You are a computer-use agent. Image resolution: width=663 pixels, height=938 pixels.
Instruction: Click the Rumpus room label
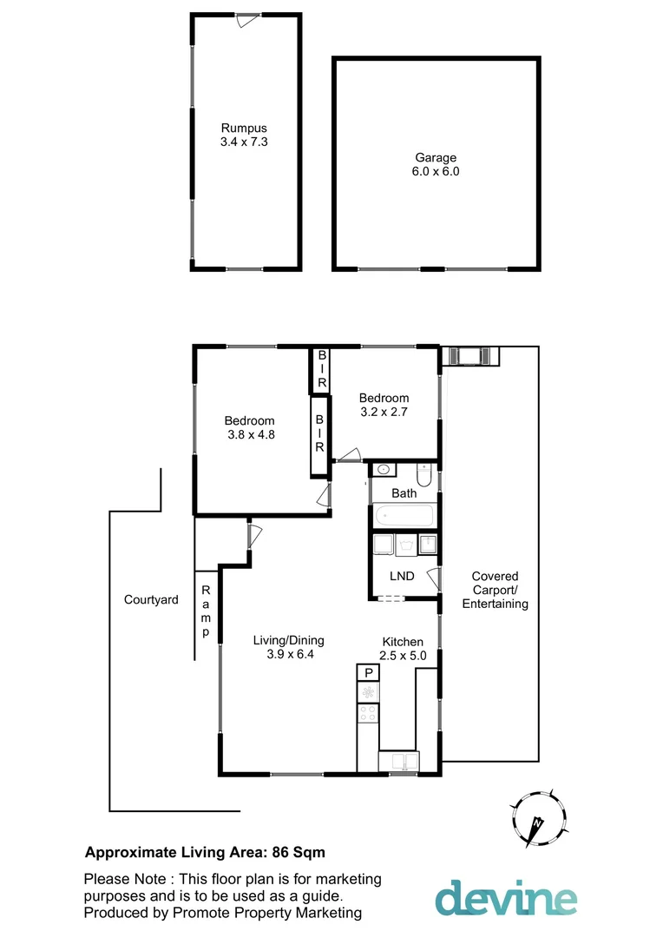(x=243, y=128)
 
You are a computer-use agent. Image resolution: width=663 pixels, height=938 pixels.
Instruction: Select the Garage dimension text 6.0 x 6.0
(x=435, y=171)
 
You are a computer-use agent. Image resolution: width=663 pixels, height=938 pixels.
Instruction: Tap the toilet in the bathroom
(x=423, y=475)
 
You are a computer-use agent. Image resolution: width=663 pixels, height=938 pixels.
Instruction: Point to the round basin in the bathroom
(x=383, y=470)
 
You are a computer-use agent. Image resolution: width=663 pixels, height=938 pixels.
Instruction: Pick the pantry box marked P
(x=368, y=672)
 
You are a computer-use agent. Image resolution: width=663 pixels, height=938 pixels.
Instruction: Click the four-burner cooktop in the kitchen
(x=368, y=713)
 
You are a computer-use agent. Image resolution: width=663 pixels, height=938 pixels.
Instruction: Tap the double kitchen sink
(x=399, y=762)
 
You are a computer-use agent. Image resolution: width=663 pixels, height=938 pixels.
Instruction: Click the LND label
(x=402, y=576)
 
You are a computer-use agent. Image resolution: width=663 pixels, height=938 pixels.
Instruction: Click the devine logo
(x=506, y=898)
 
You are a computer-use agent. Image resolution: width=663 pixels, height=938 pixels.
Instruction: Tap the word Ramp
(x=206, y=611)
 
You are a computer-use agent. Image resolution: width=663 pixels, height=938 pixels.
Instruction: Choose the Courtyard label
(x=151, y=599)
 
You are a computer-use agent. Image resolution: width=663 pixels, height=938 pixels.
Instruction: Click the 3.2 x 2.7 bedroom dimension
(x=384, y=413)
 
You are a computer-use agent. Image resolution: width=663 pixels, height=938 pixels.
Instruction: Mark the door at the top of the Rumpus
(x=248, y=19)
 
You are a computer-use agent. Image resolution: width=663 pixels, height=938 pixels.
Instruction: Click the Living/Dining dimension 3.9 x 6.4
(x=289, y=655)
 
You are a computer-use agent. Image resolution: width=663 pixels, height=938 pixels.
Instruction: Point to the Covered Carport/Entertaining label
(x=495, y=590)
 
